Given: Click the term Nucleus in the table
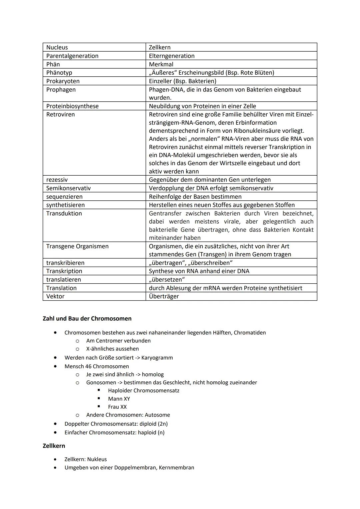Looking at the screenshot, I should click(x=57, y=47).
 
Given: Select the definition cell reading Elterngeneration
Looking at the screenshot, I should click(x=172, y=56).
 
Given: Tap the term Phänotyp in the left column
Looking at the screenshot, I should click(x=59, y=72).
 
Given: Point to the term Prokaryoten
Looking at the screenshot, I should click(x=63, y=81).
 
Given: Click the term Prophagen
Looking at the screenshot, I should click(x=61, y=90).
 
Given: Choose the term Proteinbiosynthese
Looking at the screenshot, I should click(x=72, y=106).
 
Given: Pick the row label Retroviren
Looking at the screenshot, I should click(x=60, y=114).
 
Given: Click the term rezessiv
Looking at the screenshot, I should click(x=57, y=180).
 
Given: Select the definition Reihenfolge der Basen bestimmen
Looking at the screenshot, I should click(x=195, y=197).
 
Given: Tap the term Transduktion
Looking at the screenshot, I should click(x=64, y=213).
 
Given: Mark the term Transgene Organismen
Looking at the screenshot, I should click(x=77, y=246).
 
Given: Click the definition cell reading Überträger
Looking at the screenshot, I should click(x=164, y=296).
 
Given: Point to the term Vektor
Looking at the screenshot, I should click(x=55, y=296).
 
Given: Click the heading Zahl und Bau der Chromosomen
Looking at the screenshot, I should click(x=87, y=318).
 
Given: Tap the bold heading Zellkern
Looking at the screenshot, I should click(x=54, y=446).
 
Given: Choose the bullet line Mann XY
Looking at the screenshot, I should click(x=119, y=399).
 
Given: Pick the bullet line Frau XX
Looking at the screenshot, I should click(x=117, y=407).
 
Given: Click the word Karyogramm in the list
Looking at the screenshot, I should click(x=157, y=358).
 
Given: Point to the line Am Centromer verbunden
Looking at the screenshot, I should click(x=118, y=341).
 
